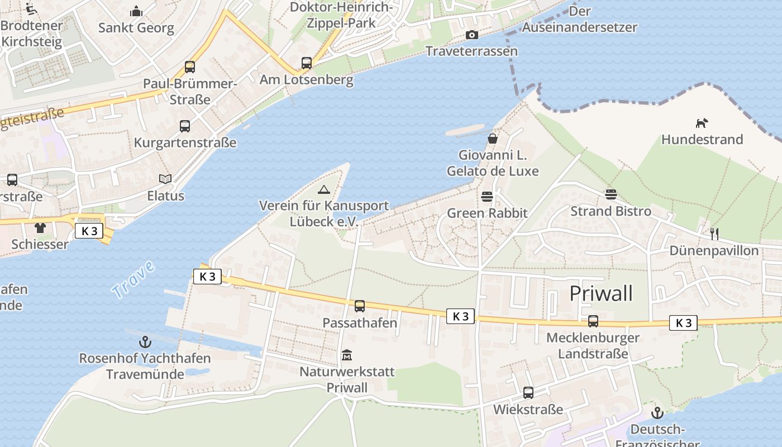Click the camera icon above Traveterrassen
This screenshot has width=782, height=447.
click(472, 35)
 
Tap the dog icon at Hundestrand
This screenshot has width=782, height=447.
click(702, 123)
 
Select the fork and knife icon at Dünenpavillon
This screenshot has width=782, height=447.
click(714, 234)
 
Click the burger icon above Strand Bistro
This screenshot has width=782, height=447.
click(611, 194)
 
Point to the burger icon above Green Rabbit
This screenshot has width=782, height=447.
click(487, 197)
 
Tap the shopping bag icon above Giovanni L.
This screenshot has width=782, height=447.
click(493, 138)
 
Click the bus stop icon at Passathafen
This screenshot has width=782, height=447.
click(360, 306)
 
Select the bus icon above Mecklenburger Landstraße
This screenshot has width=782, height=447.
click(593, 321)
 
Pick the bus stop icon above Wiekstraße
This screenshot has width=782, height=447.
click(528, 393)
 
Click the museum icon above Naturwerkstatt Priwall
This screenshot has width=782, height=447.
click(347, 355)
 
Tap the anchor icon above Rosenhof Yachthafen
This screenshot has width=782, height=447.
click(145, 341)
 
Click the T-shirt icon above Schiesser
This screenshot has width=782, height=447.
click(40, 227)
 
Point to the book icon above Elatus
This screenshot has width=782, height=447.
click(165, 179)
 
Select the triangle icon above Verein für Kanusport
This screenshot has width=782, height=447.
click(324, 189)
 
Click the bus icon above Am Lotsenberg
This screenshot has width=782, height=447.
click(307, 63)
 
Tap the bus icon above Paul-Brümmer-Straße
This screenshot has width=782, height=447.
click(190, 67)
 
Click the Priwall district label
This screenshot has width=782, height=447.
click(601, 293)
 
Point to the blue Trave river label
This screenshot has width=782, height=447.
click(133, 279)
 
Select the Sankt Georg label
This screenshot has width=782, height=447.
click(136, 27)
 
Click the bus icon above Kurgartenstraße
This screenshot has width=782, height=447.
click(185, 126)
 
